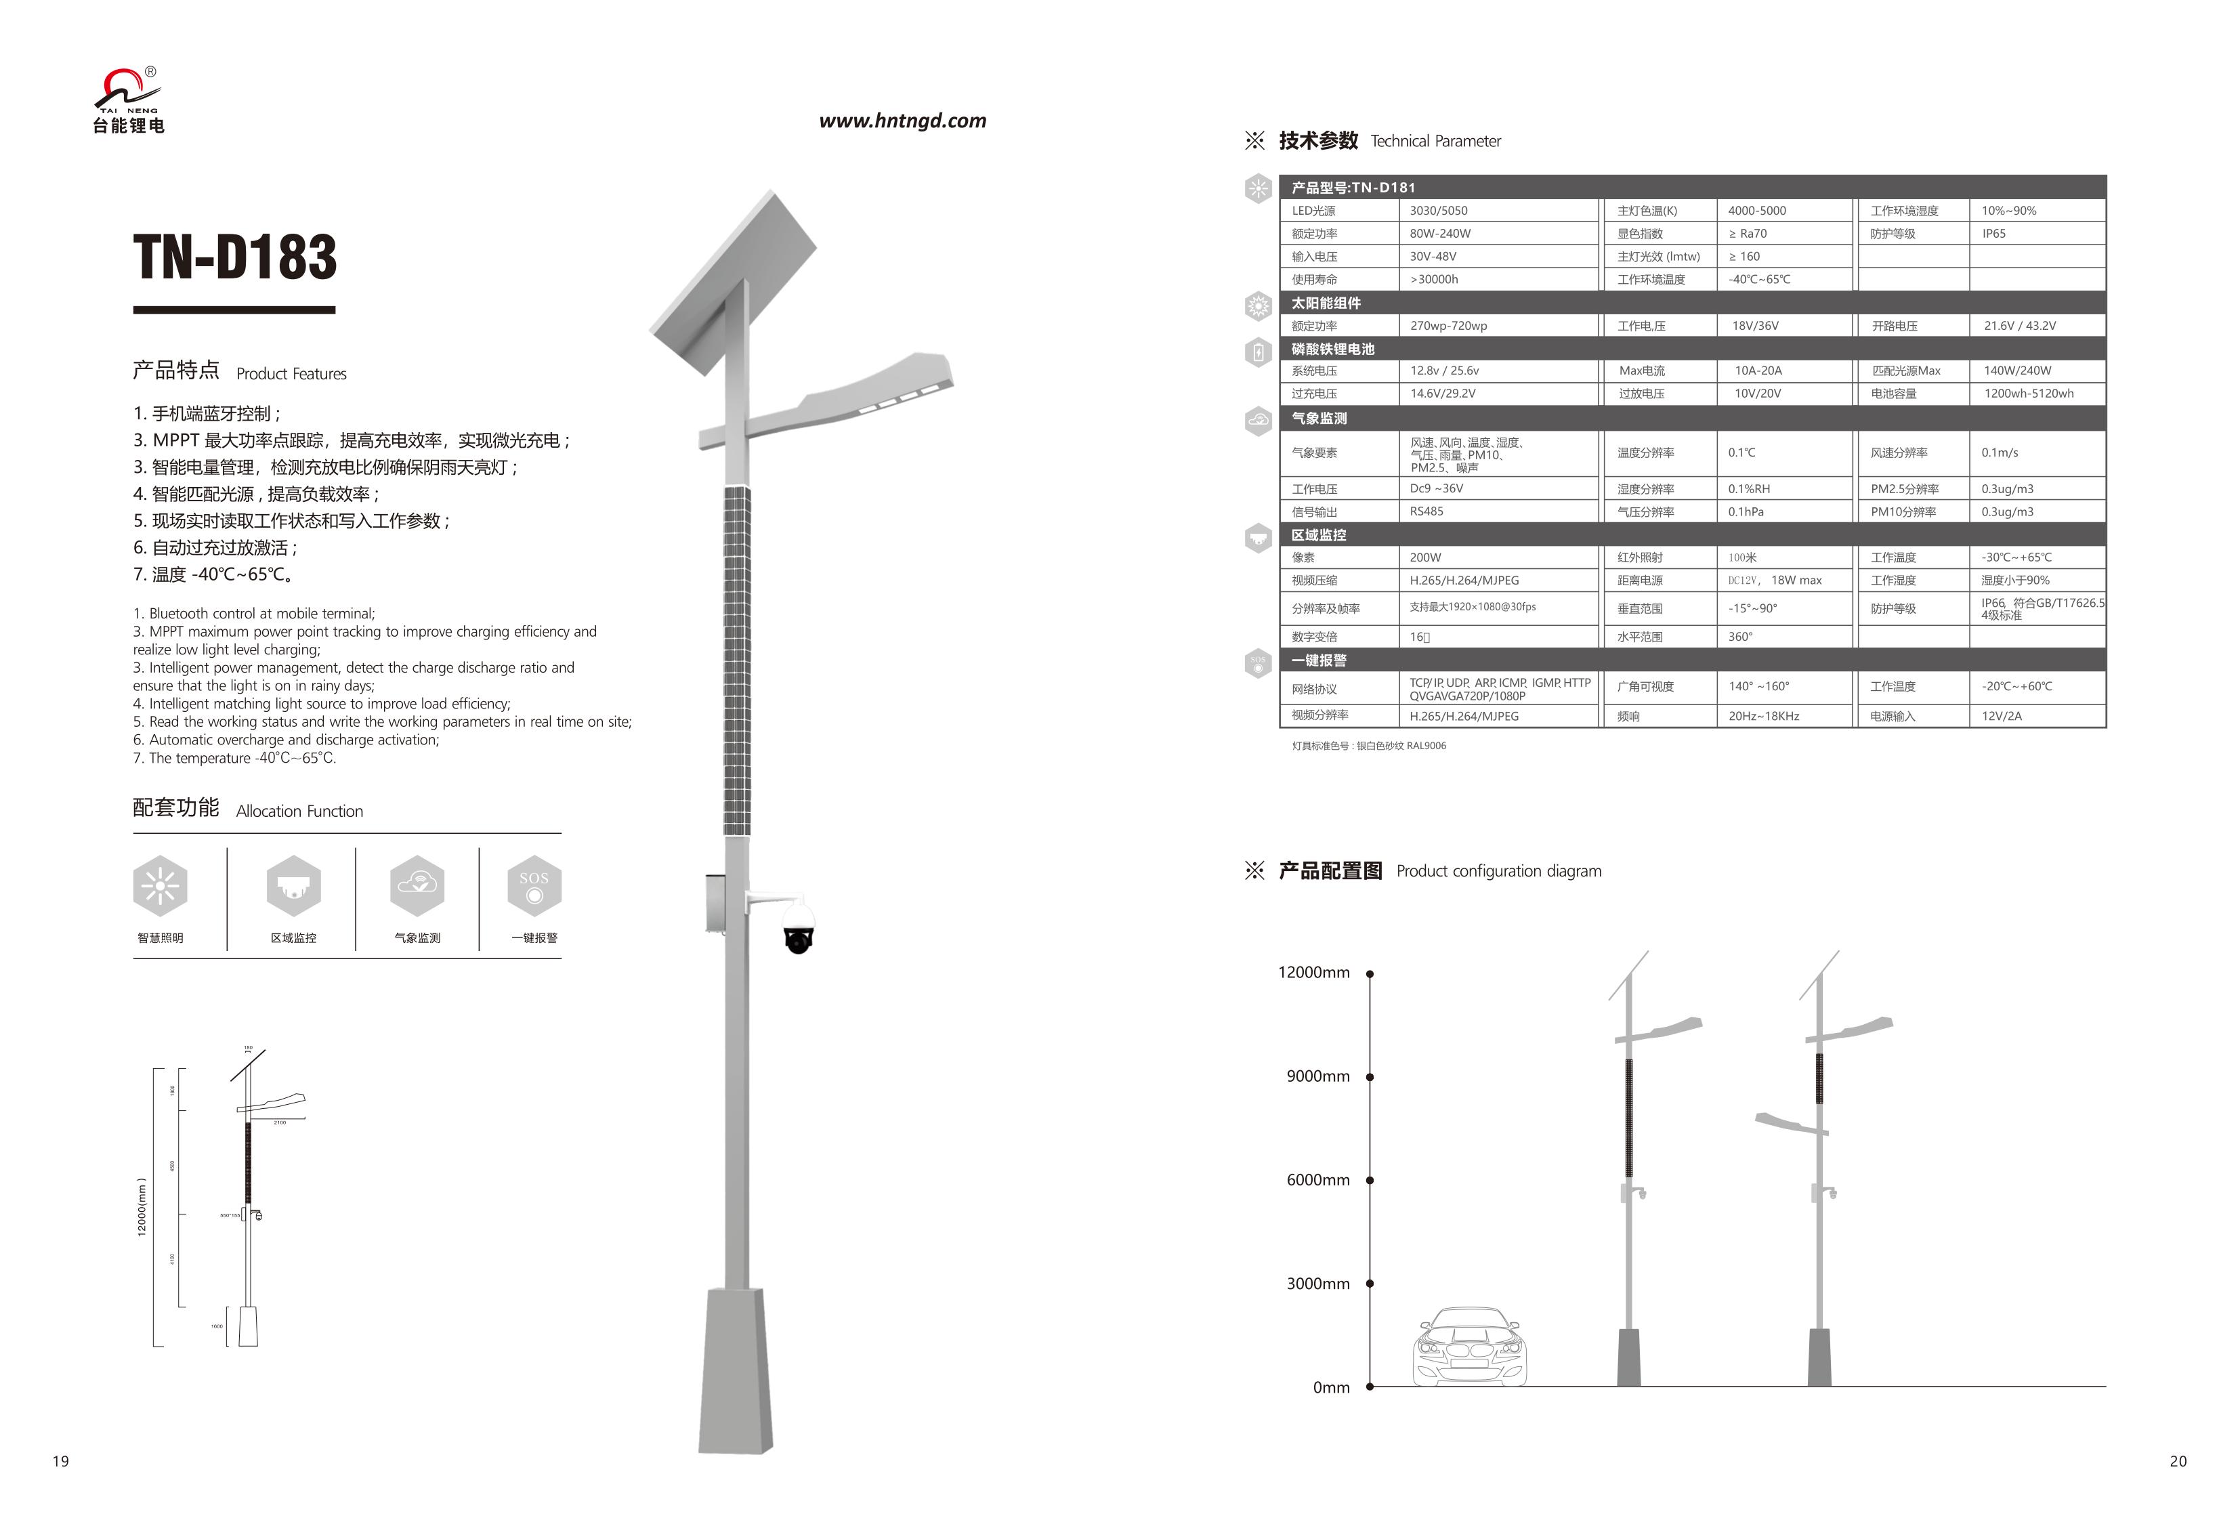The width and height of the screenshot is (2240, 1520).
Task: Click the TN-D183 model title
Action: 235,257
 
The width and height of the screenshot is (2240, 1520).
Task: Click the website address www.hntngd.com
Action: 902,121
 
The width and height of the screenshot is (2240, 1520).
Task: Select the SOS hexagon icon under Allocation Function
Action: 534,886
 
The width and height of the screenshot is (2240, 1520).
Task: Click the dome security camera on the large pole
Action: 798,927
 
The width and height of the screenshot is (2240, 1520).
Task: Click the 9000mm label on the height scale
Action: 1317,1076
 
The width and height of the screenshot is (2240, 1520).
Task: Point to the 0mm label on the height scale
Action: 1331,1388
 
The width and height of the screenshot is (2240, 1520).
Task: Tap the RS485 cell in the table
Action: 1427,512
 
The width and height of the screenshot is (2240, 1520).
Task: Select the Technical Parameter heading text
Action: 1435,142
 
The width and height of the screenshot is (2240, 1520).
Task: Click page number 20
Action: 2178,1461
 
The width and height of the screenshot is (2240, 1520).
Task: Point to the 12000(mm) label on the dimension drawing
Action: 142,1207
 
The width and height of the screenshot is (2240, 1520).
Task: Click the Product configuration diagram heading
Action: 1498,871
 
